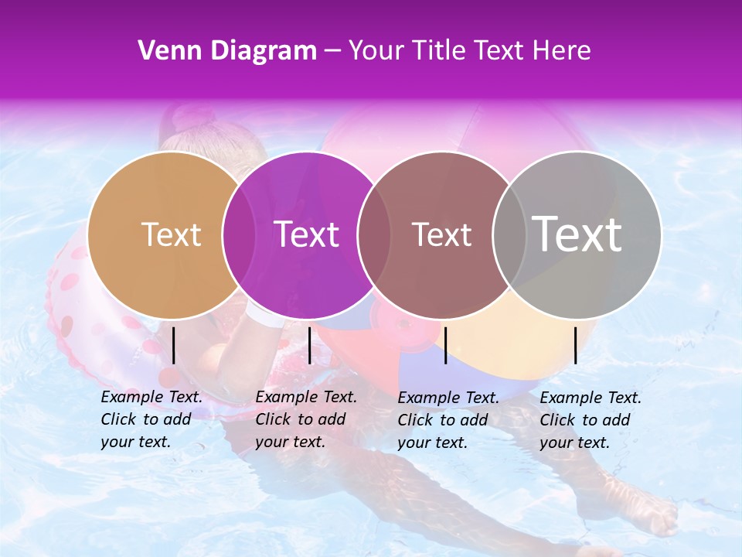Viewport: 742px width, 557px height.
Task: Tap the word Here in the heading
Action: point(563,51)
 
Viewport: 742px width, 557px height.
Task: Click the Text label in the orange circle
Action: point(171,234)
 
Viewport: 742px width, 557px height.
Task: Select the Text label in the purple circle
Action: point(306,234)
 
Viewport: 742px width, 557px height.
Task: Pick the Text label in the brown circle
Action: point(441,234)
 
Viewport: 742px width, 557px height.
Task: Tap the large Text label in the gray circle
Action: point(577,234)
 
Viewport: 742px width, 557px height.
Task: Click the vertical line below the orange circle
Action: point(173,345)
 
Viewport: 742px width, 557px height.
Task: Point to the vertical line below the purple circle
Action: point(309,345)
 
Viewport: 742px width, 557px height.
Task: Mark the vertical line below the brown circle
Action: point(445,345)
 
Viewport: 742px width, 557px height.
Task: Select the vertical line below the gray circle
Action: point(575,345)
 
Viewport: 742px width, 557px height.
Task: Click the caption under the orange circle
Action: point(151,419)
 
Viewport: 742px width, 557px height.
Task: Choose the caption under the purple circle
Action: point(306,419)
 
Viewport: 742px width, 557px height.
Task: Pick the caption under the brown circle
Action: point(448,420)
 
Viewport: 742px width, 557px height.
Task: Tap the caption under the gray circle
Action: point(591,420)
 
